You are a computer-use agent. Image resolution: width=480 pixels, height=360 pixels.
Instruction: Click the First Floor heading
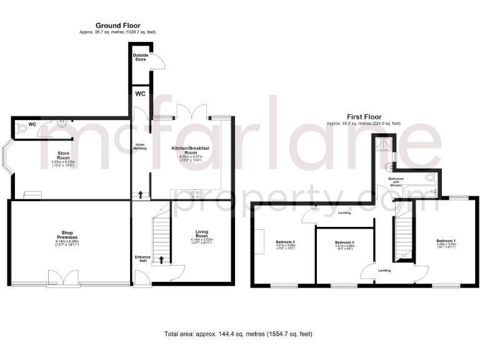coord(364,117)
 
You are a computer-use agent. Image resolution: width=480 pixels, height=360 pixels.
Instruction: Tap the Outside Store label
coord(141,57)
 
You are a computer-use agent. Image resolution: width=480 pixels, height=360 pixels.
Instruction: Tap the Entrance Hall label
coord(142,259)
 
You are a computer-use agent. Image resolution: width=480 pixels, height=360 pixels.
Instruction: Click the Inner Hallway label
coord(140,149)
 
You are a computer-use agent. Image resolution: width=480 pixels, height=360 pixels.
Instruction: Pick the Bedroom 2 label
coord(285,244)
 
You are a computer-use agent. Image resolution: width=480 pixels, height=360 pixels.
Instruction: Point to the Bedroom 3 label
coord(344,244)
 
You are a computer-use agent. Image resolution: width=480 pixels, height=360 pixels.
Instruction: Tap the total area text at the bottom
coord(239,335)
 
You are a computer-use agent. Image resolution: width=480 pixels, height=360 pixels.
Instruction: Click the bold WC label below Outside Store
coord(141,94)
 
